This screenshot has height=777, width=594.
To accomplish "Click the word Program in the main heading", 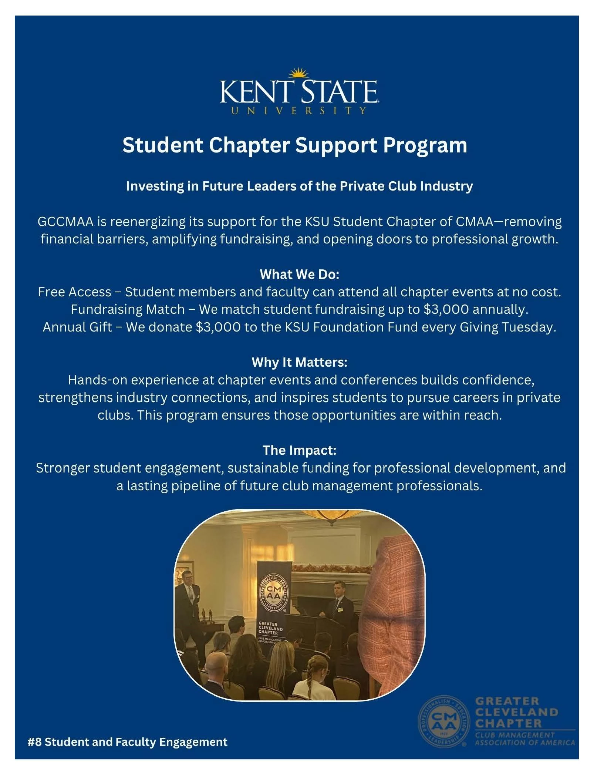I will tap(425, 145).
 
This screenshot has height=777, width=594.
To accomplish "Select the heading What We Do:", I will tap(299, 275).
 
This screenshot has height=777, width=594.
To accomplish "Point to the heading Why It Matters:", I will tap(299, 362).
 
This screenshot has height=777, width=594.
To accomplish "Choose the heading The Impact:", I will tap(299, 450).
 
